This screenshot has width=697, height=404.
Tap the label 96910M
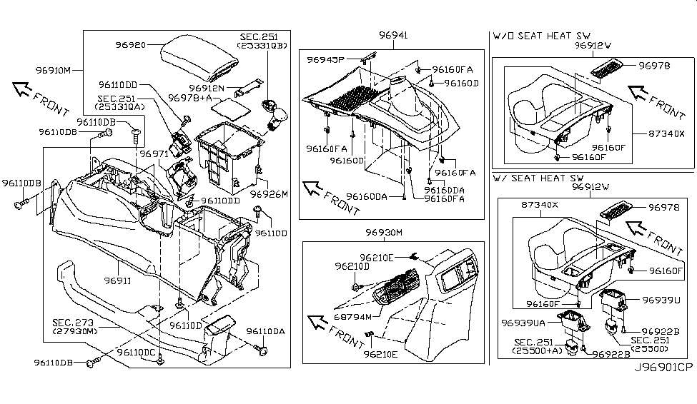(x=54, y=71)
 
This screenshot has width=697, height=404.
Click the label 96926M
(x=269, y=193)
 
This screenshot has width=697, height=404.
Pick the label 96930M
(x=384, y=233)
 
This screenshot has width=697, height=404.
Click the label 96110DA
(x=266, y=331)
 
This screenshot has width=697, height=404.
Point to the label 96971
(x=153, y=153)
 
